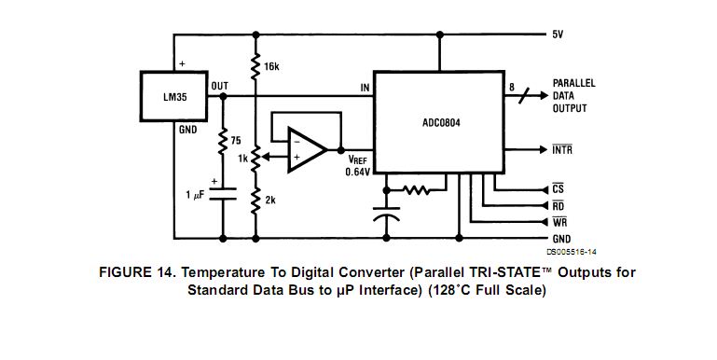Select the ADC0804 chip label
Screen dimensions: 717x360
coord(441,123)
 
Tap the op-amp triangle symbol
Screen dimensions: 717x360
coord(307,150)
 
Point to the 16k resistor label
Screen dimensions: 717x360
coord(271,67)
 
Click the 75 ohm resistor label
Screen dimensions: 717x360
coord(236,141)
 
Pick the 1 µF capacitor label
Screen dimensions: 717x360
coord(195,195)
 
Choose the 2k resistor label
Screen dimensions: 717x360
coord(270,200)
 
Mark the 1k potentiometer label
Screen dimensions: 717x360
coord(242,159)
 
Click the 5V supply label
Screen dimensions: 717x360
coord(558,35)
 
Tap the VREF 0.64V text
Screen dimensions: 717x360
coord(358,165)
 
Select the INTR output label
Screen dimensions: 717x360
coord(562,149)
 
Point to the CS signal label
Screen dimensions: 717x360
coord(558,189)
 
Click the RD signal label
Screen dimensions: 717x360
coord(558,206)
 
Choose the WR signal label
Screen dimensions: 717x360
coord(559,222)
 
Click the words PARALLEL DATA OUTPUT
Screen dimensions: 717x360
coord(573,96)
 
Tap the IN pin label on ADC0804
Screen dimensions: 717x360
coord(365,88)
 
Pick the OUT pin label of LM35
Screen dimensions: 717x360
coord(219,86)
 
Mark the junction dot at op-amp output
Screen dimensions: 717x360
coord(340,150)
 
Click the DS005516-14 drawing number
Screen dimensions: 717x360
coord(572,252)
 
